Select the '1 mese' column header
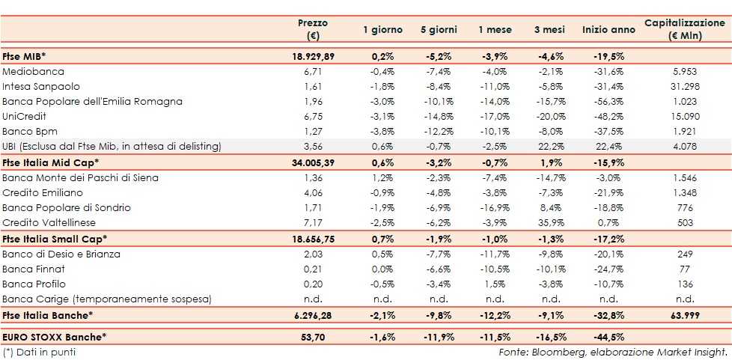(495, 30)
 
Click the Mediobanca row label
(34, 72)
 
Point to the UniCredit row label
(25, 117)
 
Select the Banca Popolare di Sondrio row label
(67, 207)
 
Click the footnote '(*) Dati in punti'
(40, 352)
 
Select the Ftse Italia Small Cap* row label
(55, 239)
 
